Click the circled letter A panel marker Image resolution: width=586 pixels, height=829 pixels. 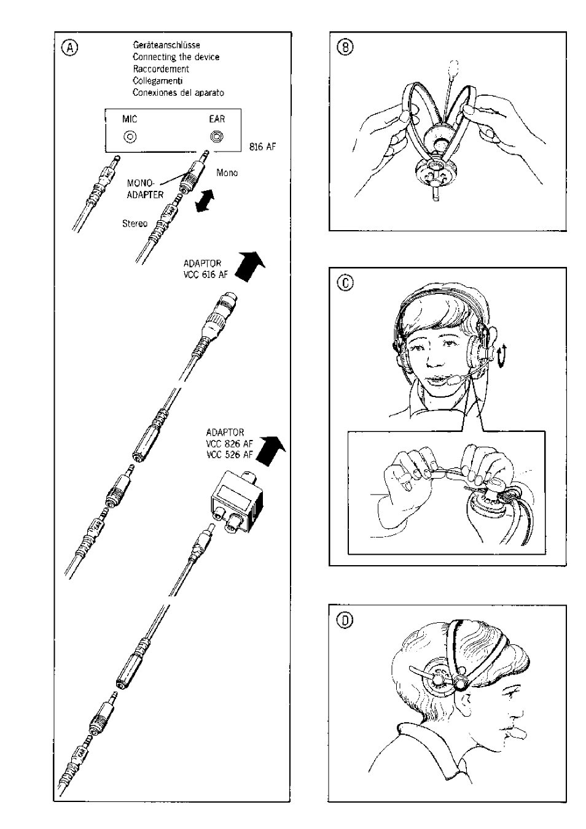pyautogui.click(x=70, y=48)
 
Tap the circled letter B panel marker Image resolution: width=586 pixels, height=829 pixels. pyautogui.click(x=345, y=47)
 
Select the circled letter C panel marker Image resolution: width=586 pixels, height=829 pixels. pyautogui.click(x=345, y=283)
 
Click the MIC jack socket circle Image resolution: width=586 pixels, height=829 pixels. pyautogui.click(x=130, y=137)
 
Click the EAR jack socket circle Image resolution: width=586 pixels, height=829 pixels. pyautogui.click(x=217, y=137)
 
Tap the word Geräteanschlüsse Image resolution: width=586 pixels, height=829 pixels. pyautogui.click(x=166, y=45)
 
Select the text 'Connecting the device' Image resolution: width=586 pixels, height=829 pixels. pyautogui.click(x=176, y=57)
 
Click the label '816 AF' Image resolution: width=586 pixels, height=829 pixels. pyautogui.click(x=263, y=147)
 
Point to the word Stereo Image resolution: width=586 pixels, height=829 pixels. pyautogui.click(x=135, y=223)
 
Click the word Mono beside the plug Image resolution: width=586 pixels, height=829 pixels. pyautogui.click(x=227, y=173)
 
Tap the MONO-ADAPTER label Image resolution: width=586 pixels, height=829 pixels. pyautogui.click(x=145, y=189)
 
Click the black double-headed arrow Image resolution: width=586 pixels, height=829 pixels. pyautogui.click(x=205, y=201)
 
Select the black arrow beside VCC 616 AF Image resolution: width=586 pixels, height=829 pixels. pyautogui.click(x=251, y=266)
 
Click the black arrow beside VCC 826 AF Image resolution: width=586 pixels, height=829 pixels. pyautogui.click(x=271, y=450)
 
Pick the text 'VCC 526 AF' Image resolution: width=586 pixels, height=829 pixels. pyautogui.click(x=230, y=455)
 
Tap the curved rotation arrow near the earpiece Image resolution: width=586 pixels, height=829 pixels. pyautogui.click(x=500, y=356)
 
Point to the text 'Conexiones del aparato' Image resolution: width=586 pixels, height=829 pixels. pyautogui.click(x=178, y=93)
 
